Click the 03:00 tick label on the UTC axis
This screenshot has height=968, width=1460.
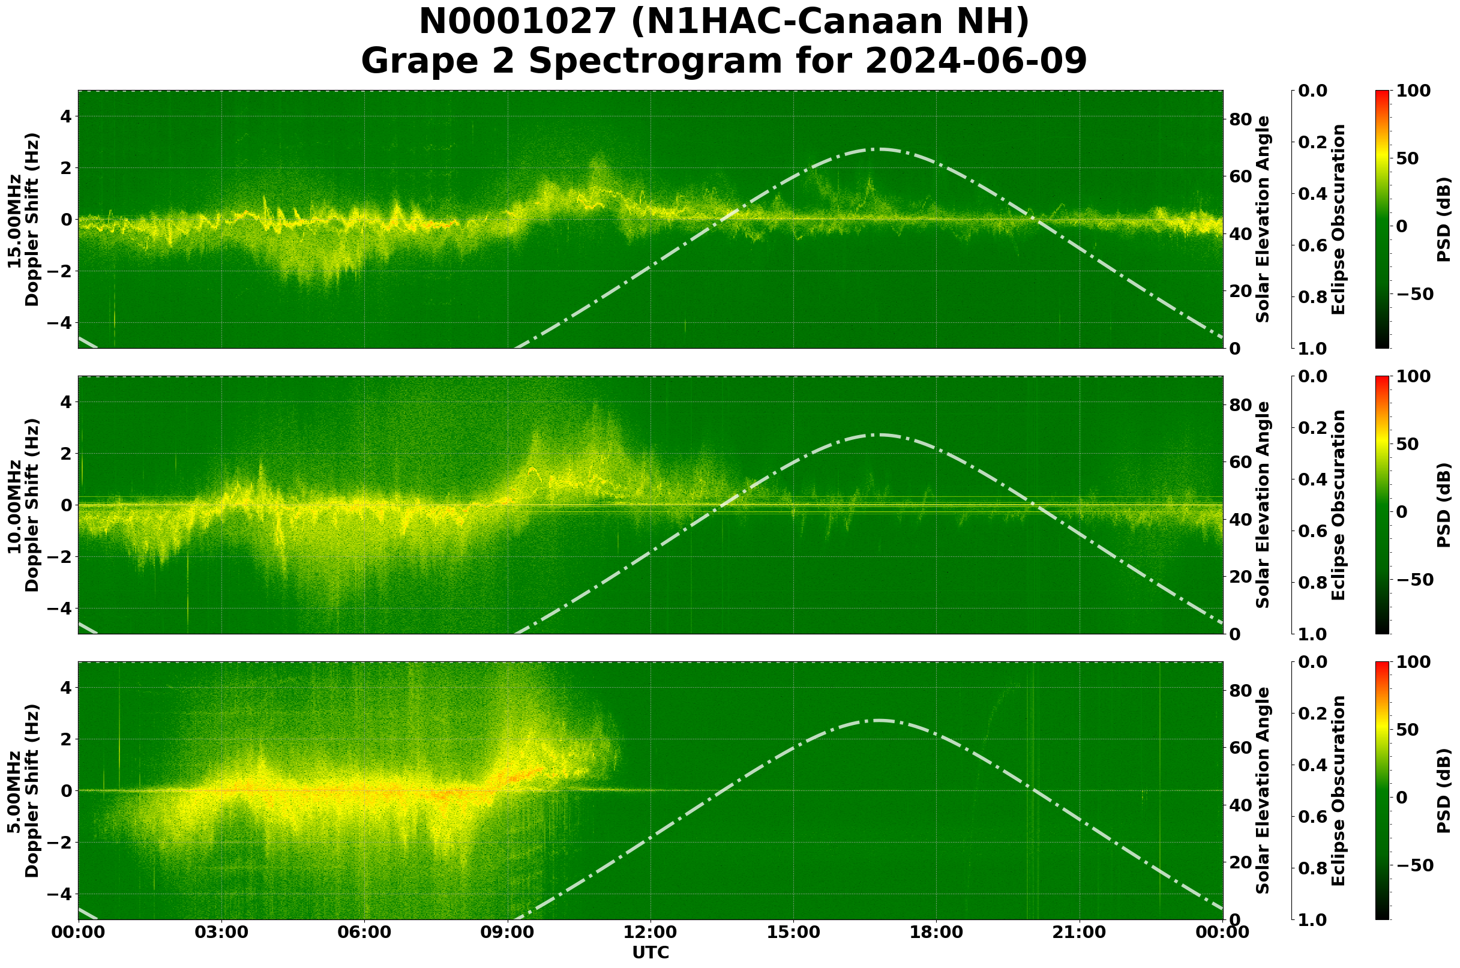tap(221, 933)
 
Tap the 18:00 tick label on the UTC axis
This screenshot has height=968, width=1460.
tap(936, 933)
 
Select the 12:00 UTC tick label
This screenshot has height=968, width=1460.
tap(650, 933)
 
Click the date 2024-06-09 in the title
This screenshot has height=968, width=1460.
tap(975, 61)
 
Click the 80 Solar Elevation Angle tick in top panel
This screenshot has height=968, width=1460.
tap(1243, 119)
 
